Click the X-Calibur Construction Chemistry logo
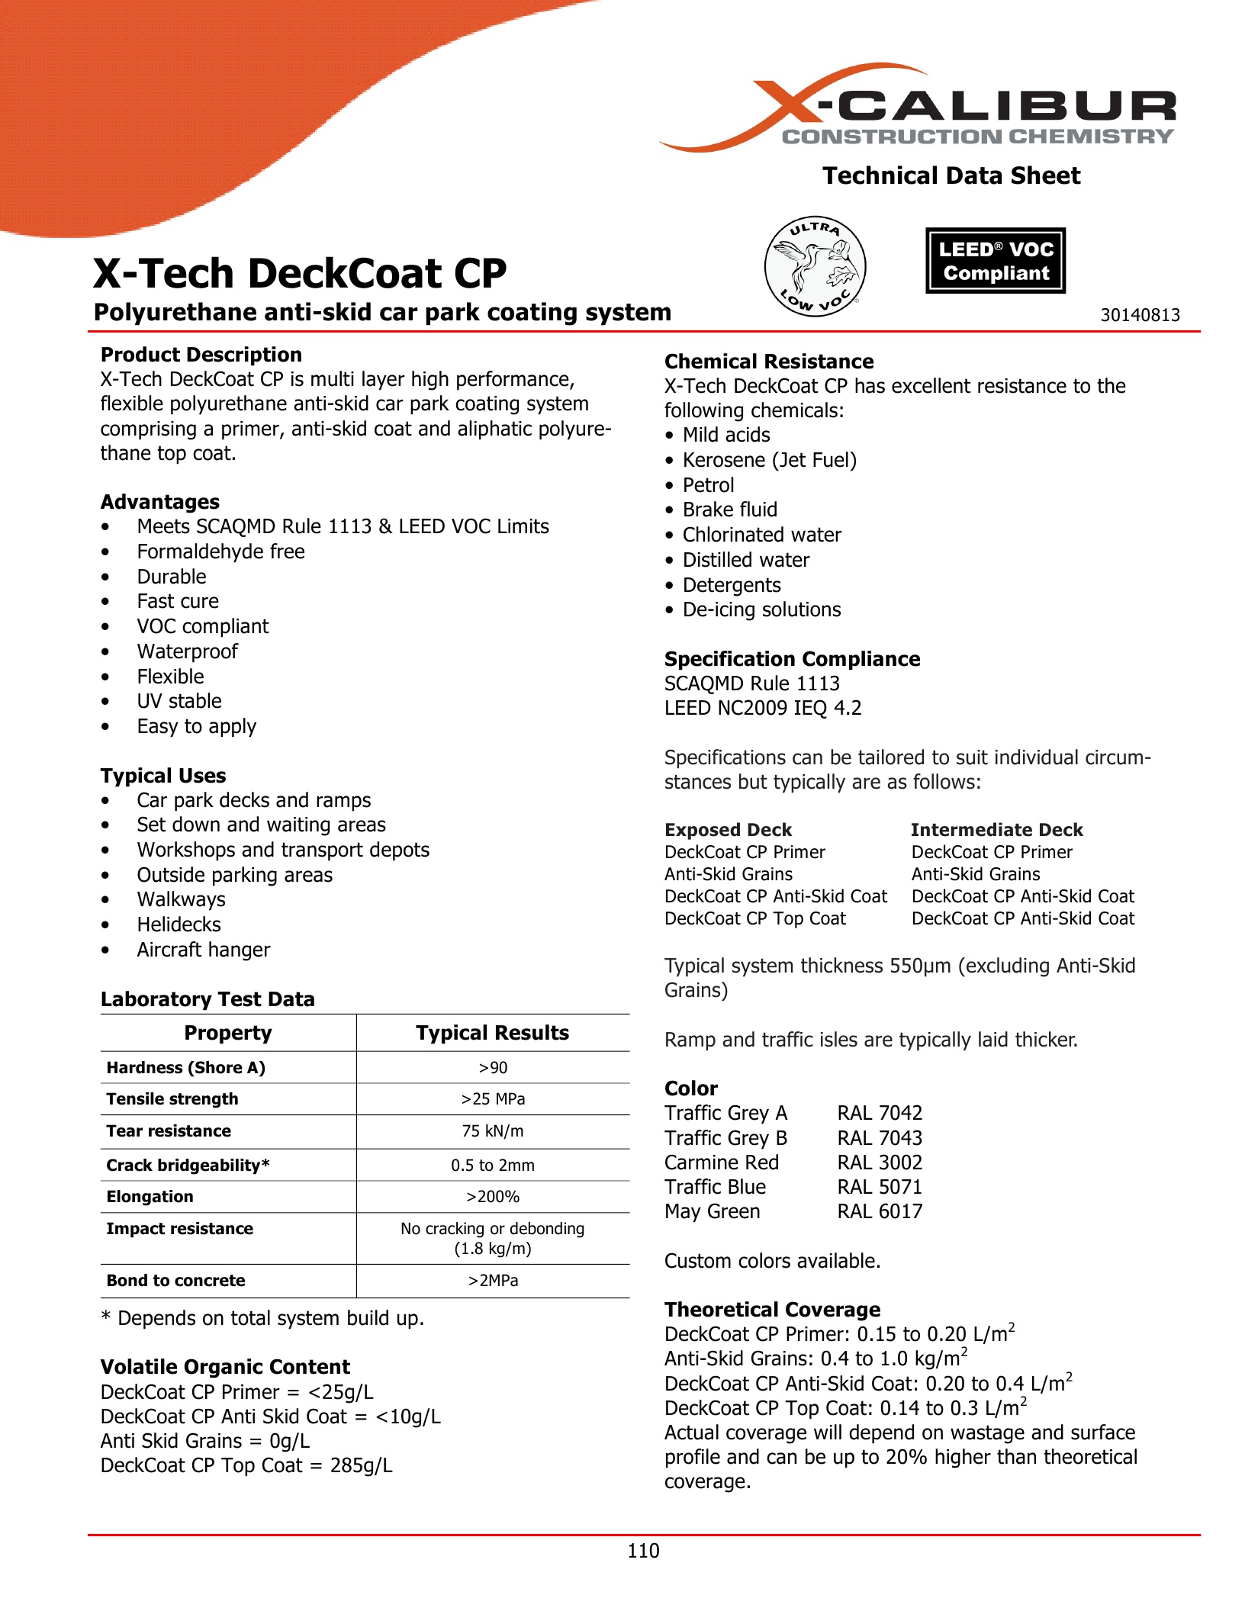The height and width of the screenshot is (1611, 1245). click(x=919, y=108)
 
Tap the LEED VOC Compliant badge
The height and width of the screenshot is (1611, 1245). click(x=995, y=261)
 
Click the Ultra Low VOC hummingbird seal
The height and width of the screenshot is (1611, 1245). click(x=815, y=266)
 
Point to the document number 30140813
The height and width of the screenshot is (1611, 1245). click(x=1139, y=315)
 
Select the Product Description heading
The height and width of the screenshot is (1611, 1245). click(x=201, y=355)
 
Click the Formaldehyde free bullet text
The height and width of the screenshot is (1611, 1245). click(x=220, y=551)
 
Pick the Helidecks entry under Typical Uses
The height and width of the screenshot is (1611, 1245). click(x=179, y=924)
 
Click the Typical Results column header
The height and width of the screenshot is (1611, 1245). click(x=492, y=1033)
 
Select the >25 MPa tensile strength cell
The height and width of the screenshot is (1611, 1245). click(x=493, y=1099)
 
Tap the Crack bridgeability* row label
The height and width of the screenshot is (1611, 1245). click(x=188, y=1166)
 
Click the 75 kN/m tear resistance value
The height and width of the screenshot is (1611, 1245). click(x=493, y=1131)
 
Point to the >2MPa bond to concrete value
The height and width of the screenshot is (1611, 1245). click(x=493, y=1281)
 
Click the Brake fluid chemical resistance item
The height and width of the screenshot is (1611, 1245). click(x=729, y=510)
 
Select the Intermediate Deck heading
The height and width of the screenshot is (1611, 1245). click(x=996, y=830)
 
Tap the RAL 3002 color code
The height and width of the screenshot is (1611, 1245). click(x=880, y=1162)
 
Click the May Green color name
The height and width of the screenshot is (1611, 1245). click(x=712, y=1211)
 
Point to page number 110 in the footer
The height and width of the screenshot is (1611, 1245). click(x=643, y=1551)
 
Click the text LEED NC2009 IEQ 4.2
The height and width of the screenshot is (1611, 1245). click(x=763, y=708)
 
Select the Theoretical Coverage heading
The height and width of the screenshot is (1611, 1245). click(x=772, y=1310)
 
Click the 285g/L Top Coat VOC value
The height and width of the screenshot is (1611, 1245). click(x=361, y=1465)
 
